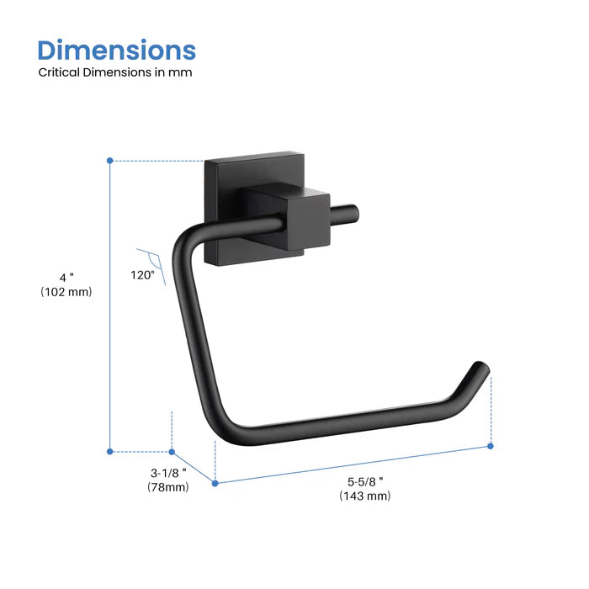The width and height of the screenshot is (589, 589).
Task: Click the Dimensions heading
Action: point(117,50)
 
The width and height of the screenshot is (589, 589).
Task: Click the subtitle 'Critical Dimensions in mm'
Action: point(115,72)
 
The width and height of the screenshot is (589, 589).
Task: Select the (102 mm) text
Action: point(66,292)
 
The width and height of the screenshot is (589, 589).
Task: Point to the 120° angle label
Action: point(142,274)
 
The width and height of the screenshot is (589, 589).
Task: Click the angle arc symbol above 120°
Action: point(150,257)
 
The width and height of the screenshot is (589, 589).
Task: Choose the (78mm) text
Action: point(167,487)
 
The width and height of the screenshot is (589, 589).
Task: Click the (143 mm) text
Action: point(365,496)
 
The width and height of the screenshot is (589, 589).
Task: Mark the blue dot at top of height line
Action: point(110,160)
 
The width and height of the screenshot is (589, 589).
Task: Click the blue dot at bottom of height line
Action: point(110,452)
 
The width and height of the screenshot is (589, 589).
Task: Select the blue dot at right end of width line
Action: point(491,446)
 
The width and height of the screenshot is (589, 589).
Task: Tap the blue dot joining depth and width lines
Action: point(215,483)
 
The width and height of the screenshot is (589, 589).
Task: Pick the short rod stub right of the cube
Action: point(337,214)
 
